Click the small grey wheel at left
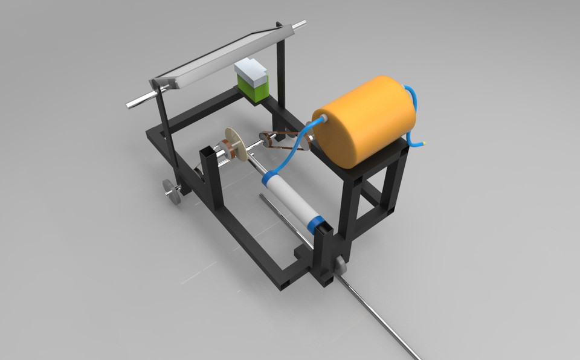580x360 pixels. pyautogui.click(x=173, y=191)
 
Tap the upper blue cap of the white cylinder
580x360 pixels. pyautogui.click(x=270, y=179)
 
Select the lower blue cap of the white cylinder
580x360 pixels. pyautogui.click(x=317, y=223)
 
